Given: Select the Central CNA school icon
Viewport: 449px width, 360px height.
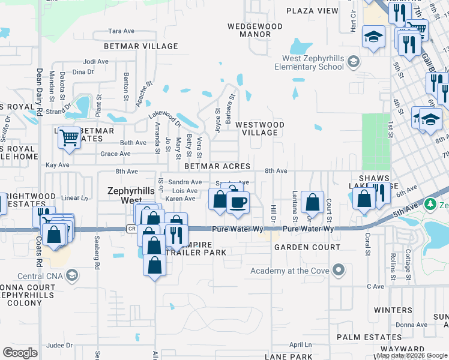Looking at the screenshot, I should click(x=72, y=276).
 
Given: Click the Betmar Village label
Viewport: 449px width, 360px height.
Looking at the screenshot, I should click(x=141, y=46).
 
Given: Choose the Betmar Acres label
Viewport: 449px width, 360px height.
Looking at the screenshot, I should click(x=217, y=166).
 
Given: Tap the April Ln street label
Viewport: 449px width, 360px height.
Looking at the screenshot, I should click(x=301, y=344).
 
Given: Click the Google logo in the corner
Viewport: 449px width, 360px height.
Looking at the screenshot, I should click(x=20, y=353).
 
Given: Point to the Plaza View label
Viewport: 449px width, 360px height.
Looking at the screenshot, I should click(x=312, y=11).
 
